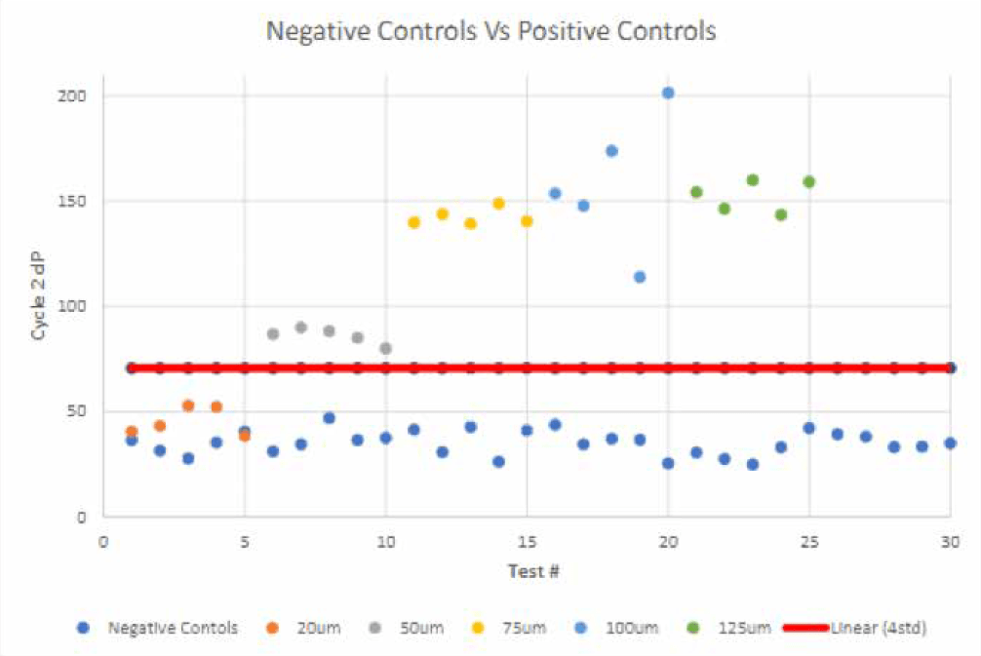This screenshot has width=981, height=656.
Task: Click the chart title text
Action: (490, 31)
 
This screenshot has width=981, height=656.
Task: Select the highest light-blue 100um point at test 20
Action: (668, 94)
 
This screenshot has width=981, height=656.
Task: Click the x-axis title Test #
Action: (531, 570)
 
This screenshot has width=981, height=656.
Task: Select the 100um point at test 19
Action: (640, 277)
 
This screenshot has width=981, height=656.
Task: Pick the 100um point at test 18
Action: (611, 151)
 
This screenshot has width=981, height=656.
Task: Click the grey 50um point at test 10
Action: (385, 348)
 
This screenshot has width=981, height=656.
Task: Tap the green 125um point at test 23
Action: (753, 180)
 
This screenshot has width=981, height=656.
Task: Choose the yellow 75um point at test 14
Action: (498, 204)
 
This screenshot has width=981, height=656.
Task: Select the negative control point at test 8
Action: (329, 418)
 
